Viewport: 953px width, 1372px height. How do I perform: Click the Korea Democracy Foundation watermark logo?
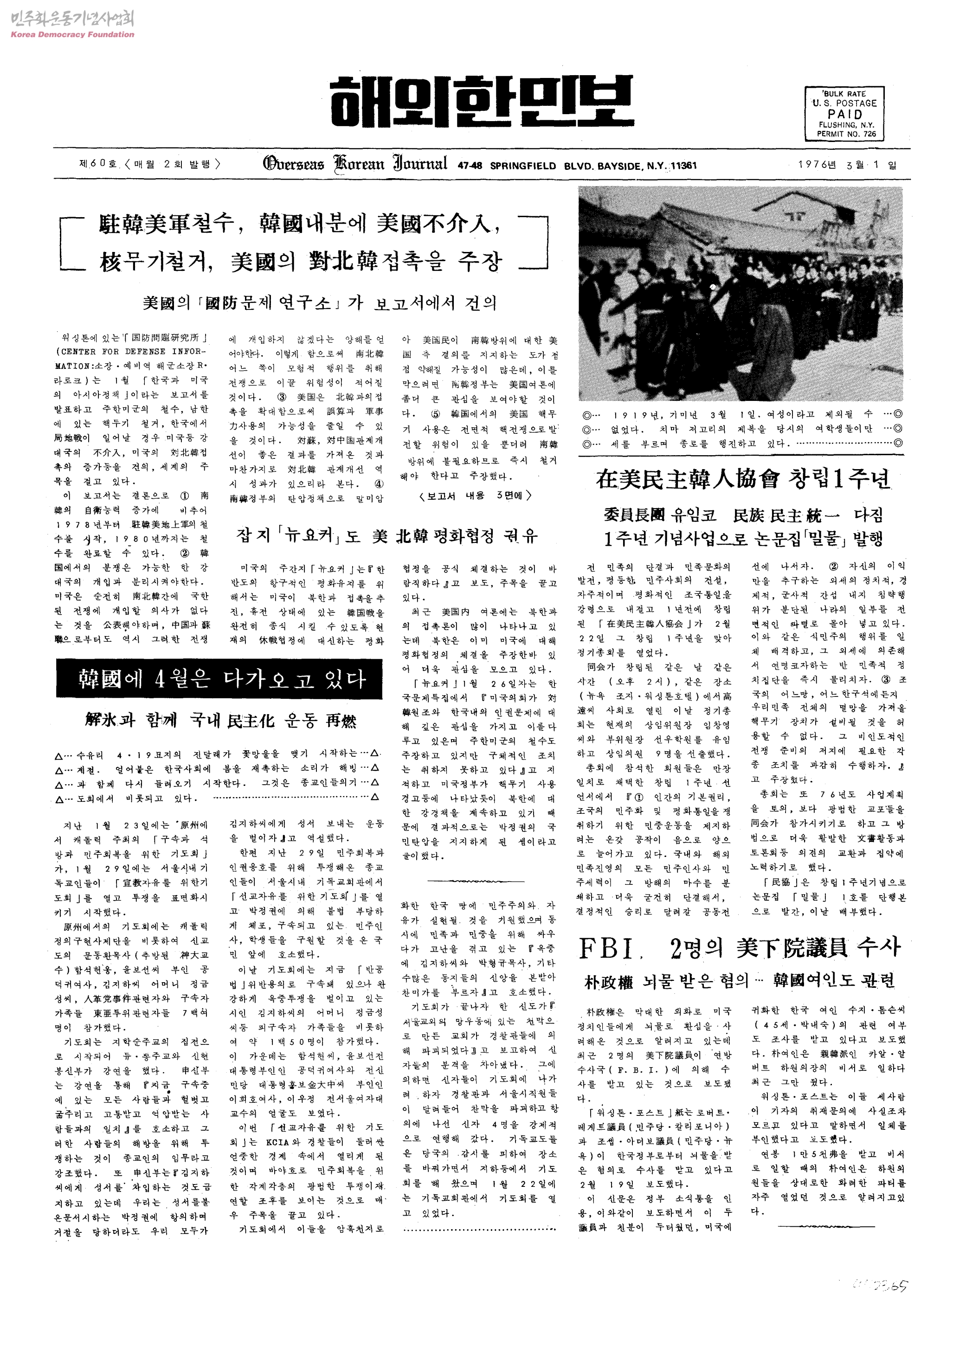click(x=71, y=25)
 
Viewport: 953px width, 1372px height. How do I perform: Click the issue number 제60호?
click(x=97, y=164)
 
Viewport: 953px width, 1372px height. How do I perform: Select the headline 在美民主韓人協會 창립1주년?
click(x=742, y=479)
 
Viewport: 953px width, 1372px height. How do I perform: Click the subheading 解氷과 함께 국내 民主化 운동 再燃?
click(x=220, y=720)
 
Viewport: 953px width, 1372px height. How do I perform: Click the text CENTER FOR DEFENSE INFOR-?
click(x=131, y=352)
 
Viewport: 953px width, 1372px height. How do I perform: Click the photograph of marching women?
click(x=741, y=293)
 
